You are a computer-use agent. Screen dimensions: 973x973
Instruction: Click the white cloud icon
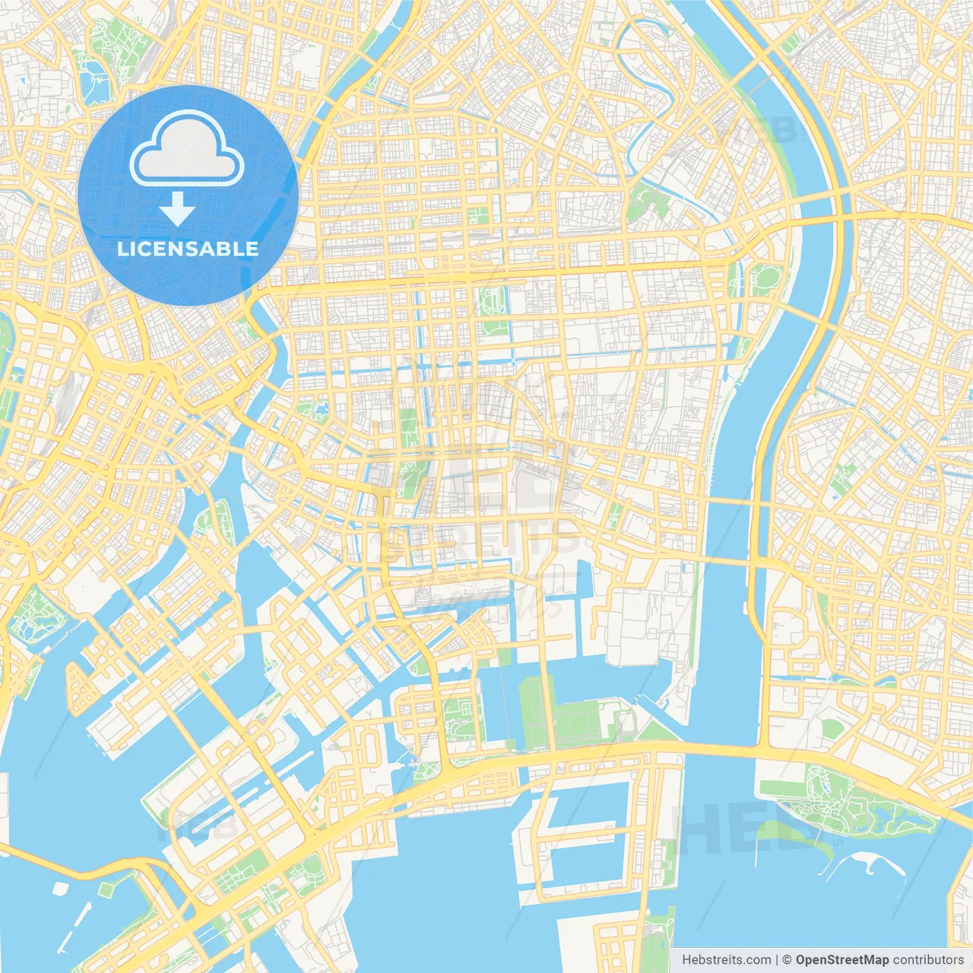point(187,149)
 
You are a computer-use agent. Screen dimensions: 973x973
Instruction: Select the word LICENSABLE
point(188,249)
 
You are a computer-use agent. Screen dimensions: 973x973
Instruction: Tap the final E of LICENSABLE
point(252,249)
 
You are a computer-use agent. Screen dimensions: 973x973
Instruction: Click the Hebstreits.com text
point(727,960)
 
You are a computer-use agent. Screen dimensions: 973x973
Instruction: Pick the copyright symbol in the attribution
point(788,960)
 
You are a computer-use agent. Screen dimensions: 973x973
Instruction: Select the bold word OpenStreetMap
point(842,960)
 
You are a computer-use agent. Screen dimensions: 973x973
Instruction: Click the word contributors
point(928,960)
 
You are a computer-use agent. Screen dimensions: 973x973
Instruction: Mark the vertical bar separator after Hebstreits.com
point(777,960)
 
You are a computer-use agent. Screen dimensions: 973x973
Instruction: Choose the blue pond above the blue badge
point(95,83)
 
